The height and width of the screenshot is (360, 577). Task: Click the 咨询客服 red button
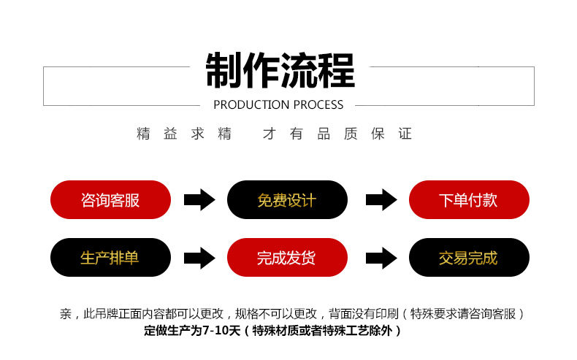click(x=110, y=199)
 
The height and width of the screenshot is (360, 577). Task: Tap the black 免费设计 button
click(x=287, y=199)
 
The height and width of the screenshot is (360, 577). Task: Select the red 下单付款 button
click(x=468, y=199)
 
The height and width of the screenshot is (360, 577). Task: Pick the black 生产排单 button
click(x=110, y=257)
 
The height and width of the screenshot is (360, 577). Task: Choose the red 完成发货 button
click(x=287, y=257)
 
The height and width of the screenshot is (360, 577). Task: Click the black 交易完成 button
click(x=468, y=257)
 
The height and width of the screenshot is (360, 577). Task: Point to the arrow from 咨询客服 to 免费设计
click(x=199, y=199)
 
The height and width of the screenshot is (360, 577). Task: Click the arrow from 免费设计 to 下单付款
click(x=381, y=199)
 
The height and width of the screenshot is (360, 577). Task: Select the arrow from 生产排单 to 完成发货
click(x=199, y=257)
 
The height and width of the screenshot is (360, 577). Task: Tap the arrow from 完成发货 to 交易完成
click(x=381, y=257)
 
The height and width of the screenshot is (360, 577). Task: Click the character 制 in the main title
click(x=224, y=71)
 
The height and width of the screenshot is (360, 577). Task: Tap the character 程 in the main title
click(x=337, y=71)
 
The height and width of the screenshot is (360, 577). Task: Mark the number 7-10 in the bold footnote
click(x=217, y=331)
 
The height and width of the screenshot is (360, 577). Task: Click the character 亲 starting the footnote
click(x=66, y=314)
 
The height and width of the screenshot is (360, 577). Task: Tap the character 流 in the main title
click(x=299, y=71)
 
